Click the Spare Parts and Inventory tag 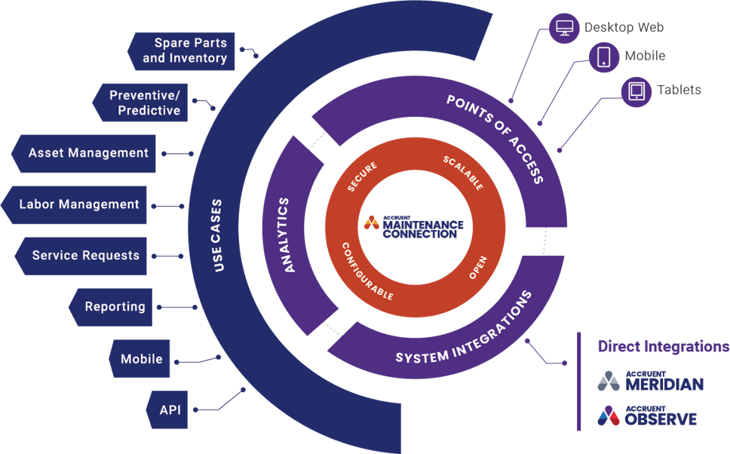point(184,51)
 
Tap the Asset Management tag point(86,153)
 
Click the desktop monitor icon point(563,29)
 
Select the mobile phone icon point(604,57)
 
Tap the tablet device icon point(636,91)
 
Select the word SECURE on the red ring point(362,176)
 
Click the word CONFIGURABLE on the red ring point(367,271)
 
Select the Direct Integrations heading point(663,347)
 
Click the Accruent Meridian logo point(650,382)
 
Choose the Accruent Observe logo point(647,416)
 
